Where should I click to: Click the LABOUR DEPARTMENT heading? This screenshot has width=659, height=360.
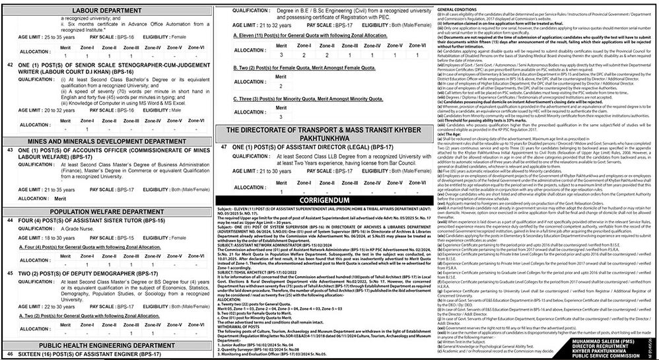coord(107,9)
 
